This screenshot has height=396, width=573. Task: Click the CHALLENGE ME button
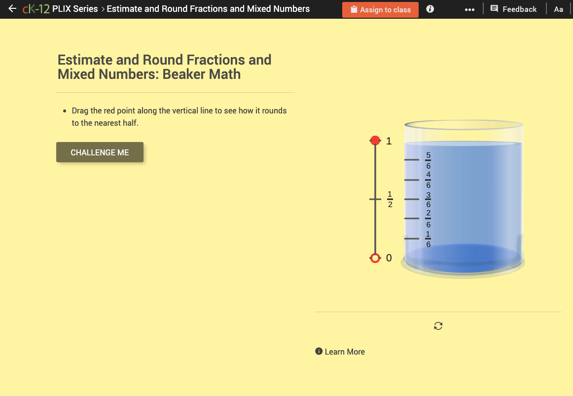[100, 152]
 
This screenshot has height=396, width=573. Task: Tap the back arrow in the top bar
[12, 9]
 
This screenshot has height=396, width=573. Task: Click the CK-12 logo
[36, 9]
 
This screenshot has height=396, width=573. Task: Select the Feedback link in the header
[514, 9]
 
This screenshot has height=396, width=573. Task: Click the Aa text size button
[558, 9]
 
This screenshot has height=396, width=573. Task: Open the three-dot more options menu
[469, 9]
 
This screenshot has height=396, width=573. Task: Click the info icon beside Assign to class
[430, 9]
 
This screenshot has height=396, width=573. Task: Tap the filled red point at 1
[375, 141]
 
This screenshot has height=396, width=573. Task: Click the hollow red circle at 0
[375, 258]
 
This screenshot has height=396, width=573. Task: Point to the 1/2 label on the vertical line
[390, 199]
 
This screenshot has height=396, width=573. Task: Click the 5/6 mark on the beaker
[428, 160]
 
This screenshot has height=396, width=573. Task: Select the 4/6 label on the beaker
[428, 180]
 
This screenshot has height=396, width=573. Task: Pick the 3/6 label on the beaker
[428, 199]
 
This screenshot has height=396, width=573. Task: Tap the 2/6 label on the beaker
[428, 218]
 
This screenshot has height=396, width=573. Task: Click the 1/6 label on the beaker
[428, 239]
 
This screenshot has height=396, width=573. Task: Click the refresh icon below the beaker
[438, 325]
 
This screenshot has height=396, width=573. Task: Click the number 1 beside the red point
[389, 141]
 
